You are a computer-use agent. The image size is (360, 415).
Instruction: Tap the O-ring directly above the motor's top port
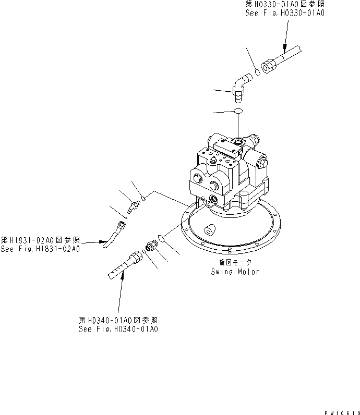(238, 111)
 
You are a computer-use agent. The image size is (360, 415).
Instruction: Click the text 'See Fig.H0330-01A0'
(285, 14)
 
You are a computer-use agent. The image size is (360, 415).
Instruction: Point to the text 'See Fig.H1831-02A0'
(40, 249)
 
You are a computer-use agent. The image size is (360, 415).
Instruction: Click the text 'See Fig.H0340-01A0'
(118, 328)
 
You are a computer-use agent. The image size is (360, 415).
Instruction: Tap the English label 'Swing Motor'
(235, 272)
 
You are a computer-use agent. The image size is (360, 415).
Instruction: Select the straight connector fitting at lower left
(152, 245)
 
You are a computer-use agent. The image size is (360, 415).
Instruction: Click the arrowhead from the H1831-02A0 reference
(104, 242)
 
